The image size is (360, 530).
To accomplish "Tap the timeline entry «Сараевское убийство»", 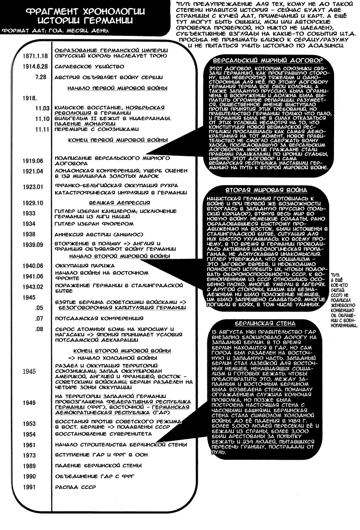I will click(x=89, y=67).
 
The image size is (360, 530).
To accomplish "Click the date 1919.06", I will click(x=32, y=161).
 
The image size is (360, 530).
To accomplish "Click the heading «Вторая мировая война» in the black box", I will click(x=266, y=190).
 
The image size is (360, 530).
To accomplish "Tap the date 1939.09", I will click(x=32, y=245).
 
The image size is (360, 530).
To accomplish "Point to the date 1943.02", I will click(x=32, y=287).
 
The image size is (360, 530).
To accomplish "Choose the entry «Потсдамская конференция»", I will click(x=99, y=318).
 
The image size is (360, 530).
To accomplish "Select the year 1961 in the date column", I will click(x=29, y=445).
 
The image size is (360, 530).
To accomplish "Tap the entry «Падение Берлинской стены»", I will click(x=98, y=466).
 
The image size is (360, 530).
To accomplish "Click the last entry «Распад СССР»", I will click(x=76, y=487).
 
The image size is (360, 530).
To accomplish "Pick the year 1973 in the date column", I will click(x=29, y=455).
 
